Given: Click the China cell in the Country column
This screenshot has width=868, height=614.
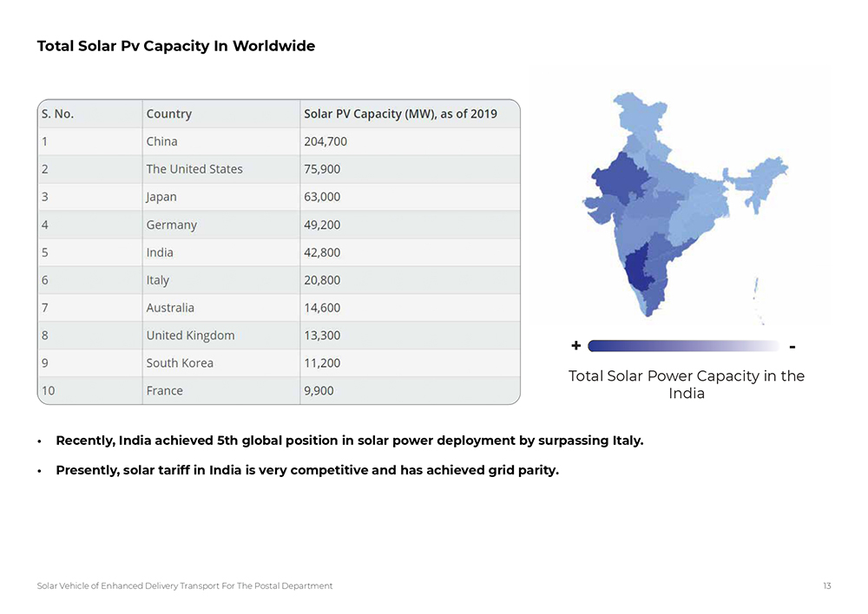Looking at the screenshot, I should (x=162, y=141).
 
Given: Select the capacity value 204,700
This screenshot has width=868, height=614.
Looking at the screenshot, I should (x=325, y=141).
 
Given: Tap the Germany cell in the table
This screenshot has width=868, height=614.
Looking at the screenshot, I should (x=172, y=225).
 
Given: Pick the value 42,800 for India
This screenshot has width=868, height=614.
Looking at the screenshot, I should (x=322, y=252).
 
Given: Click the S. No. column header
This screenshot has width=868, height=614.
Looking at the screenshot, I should (x=58, y=114).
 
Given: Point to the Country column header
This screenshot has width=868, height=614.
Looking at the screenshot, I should (x=169, y=114).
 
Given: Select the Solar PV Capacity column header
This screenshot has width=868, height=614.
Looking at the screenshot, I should (x=400, y=114).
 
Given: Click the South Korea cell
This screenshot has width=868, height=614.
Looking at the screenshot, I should (x=180, y=363).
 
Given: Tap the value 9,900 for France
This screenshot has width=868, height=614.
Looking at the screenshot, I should (x=319, y=390).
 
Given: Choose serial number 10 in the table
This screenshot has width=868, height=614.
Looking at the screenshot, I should (x=48, y=390).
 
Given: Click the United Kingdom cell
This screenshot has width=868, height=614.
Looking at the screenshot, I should (x=190, y=336).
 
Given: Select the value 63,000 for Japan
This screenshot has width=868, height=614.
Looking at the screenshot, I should (x=322, y=197).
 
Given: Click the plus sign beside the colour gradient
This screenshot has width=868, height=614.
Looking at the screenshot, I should (x=576, y=346).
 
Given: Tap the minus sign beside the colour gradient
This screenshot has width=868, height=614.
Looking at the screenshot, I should (x=793, y=347).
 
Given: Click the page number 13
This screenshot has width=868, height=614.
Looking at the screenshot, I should (x=827, y=586).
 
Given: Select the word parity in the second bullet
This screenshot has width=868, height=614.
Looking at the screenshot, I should (x=536, y=471).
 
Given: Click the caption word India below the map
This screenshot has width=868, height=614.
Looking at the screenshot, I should (x=686, y=394).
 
